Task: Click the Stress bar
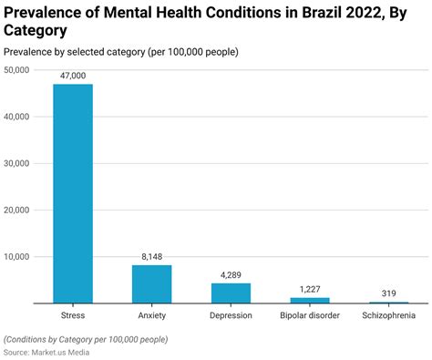[72, 193]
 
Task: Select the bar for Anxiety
[151, 283]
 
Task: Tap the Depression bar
[231, 293]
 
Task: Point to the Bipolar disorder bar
[310, 300]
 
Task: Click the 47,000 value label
[72, 77]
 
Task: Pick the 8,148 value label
[151, 257]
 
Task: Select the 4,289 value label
[231, 275]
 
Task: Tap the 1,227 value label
[310, 289]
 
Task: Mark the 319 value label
[389, 293]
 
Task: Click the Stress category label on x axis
[72, 315]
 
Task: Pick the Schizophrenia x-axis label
[389, 315]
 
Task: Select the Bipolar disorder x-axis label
[310, 315]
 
